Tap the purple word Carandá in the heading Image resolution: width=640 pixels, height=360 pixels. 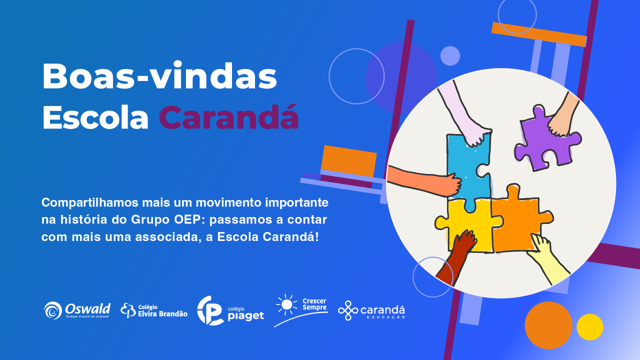coord(228,117)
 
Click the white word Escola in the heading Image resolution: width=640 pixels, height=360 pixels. coord(95,117)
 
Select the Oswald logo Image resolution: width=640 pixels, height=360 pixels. coord(77,310)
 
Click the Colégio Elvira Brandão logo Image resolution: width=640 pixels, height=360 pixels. coord(154,310)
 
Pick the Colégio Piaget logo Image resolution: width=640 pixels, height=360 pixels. coord(230,310)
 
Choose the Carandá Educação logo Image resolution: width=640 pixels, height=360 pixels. coord(371,310)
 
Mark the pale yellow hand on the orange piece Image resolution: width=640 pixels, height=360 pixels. coord(550,257)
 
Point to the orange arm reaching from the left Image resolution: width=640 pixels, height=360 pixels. coord(425,180)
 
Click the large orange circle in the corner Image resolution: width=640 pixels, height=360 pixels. coord(548,325)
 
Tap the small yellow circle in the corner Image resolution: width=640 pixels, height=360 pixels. coord(589,327)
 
